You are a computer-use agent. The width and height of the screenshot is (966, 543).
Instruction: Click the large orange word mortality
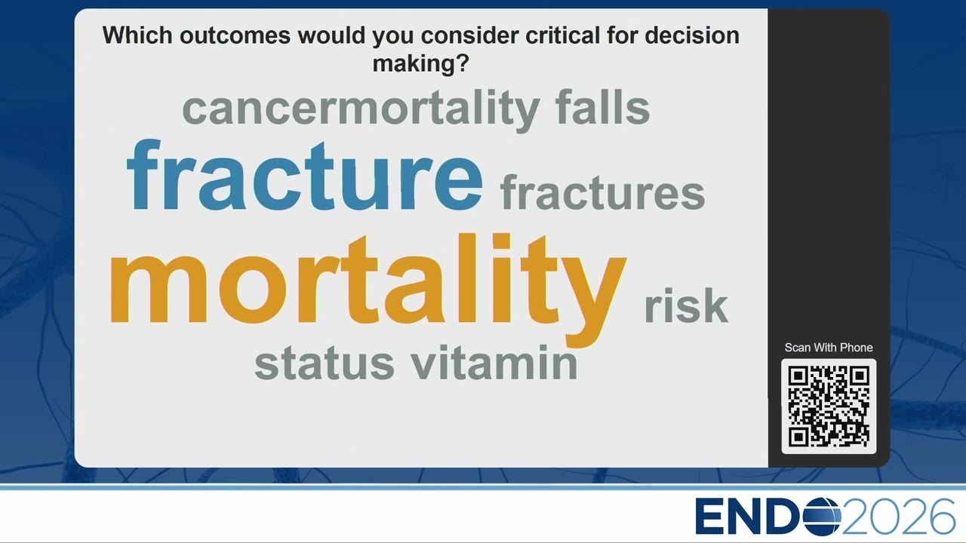click(x=368, y=290)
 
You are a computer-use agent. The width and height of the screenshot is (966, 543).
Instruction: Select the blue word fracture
click(x=304, y=175)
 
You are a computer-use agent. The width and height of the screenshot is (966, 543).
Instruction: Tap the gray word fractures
click(x=602, y=192)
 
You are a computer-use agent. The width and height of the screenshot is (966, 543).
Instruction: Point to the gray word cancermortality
click(x=361, y=110)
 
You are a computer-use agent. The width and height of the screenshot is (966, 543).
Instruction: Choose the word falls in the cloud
click(x=602, y=106)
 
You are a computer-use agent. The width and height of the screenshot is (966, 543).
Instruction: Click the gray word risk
click(x=686, y=305)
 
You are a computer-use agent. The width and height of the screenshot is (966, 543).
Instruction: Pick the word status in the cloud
click(x=325, y=363)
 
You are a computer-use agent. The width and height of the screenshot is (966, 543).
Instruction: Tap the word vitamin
click(x=494, y=362)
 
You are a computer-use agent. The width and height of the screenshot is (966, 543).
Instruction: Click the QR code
click(x=829, y=406)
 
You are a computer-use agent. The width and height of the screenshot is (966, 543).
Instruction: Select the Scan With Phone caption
click(x=829, y=348)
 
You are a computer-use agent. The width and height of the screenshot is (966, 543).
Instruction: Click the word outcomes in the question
click(x=235, y=35)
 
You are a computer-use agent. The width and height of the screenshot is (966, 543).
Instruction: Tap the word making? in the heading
click(x=420, y=64)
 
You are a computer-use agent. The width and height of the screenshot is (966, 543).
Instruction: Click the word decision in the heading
click(x=692, y=35)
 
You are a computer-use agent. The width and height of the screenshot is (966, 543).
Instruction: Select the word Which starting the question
click(x=137, y=35)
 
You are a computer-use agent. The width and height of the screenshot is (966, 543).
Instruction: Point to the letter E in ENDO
click(x=710, y=517)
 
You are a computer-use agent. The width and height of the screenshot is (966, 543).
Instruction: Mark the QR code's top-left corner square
click(x=798, y=376)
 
